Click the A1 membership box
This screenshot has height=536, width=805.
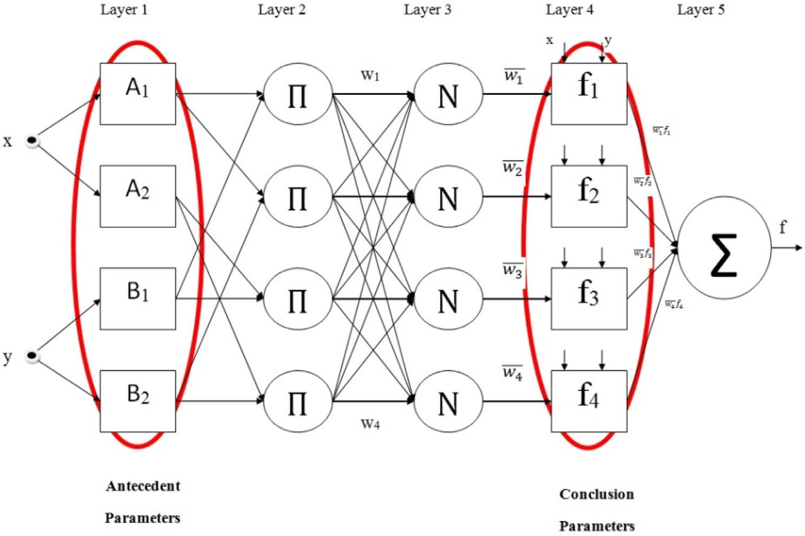(x=138, y=94)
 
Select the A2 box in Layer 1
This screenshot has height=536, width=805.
(x=138, y=196)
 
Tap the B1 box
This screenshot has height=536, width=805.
(x=138, y=298)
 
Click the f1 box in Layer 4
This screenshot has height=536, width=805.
(x=589, y=94)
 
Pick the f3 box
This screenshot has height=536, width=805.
(x=589, y=298)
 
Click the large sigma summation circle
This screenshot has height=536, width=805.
(x=724, y=248)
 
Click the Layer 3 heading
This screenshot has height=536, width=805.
(x=427, y=10)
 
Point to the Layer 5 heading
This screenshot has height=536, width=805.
(x=701, y=10)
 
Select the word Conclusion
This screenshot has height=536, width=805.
(x=596, y=494)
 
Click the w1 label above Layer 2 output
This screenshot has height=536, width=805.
(x=370, y=75)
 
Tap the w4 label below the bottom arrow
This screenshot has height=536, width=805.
(x=370, y=424)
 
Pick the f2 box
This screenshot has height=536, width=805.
(x=589, y=196)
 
